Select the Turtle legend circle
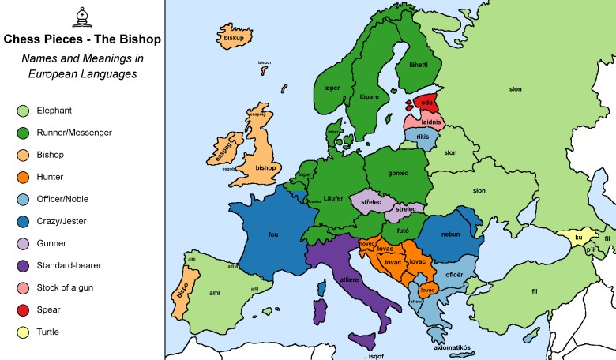coord(24,332)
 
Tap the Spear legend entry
coord(24,310)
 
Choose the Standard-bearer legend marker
coord(24,266)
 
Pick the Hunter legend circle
coord(24,178)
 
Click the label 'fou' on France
coord(273,234)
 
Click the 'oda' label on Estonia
coord(426,103)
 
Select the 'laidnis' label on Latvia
coord(431,122)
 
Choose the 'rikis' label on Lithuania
coord(423,137)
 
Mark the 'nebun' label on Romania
coord(451,234)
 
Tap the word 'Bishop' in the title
coord(133,38)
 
